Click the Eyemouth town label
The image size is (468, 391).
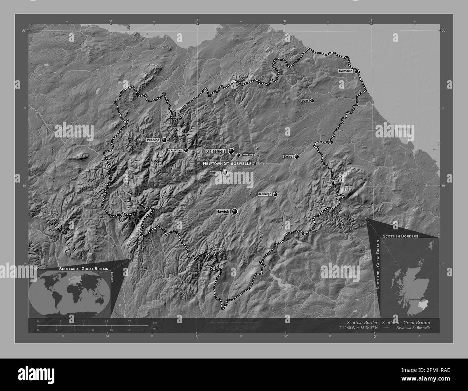coord(345,71)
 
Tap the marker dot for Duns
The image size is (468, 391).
coord(312,101)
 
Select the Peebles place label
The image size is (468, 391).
coord(153,140)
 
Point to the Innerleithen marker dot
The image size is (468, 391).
coord(186,150)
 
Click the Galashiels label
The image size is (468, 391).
coord(215,151)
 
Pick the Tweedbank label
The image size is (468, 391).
coord(248,155)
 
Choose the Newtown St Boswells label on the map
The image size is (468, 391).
coord(227,163)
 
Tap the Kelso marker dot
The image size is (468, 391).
coord(297,157)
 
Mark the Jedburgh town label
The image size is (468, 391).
coord(265,194)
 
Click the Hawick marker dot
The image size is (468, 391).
coord(235,211)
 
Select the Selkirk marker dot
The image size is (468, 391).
coord(225,173)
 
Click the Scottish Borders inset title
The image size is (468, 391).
coord(400,236)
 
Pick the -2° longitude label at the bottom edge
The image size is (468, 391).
coord(374,337)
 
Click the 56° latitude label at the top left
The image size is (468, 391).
coord(23,31)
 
